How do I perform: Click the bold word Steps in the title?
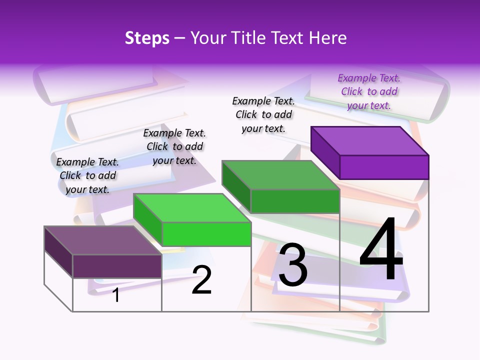(x=147, y=38)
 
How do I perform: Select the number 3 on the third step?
(x=293, y=265)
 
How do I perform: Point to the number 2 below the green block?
(x=201, y=280)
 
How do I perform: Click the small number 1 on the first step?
(x=116, y=295)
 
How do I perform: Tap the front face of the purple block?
(x=384, y=167)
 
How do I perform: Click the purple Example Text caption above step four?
(x=369, y=91)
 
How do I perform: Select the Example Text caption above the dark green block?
(x=263, y=114)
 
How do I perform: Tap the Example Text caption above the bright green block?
(x=174, y=146)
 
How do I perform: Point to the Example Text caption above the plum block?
(x=87, y=175)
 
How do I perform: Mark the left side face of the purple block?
(x=325, y=152)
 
